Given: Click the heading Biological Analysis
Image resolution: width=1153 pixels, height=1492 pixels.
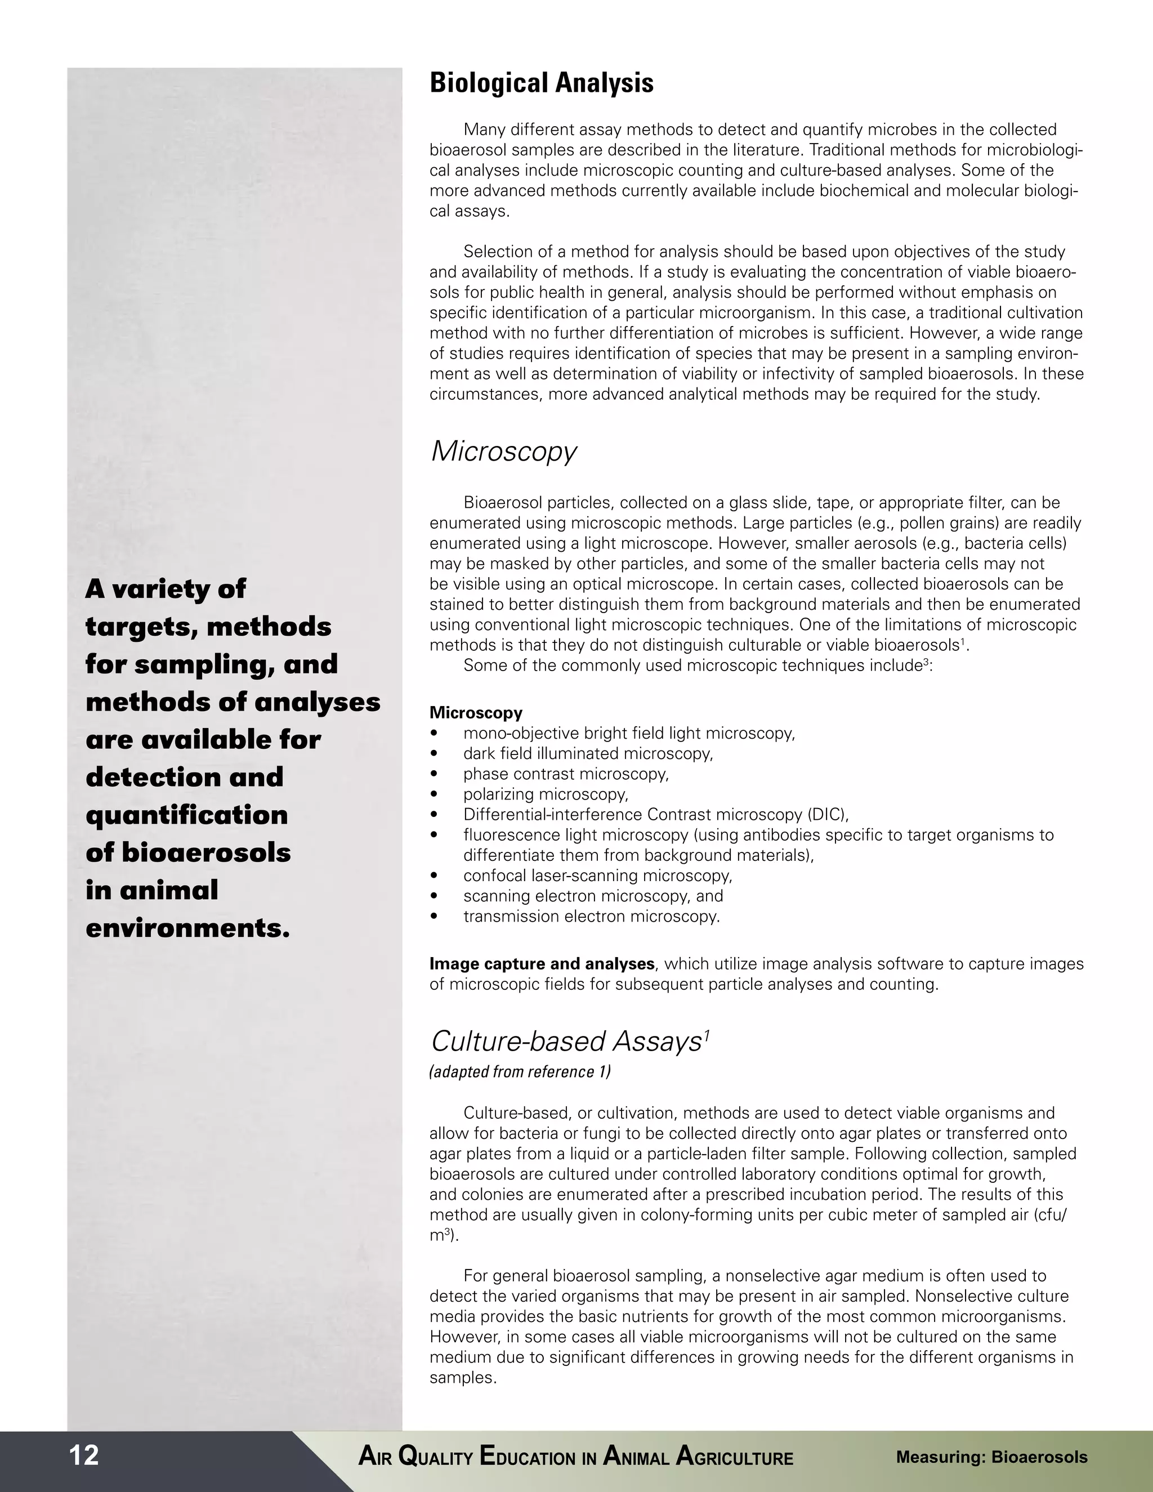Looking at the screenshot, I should [x=541, y=83].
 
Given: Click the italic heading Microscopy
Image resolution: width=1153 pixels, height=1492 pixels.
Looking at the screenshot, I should [x=503, y=452].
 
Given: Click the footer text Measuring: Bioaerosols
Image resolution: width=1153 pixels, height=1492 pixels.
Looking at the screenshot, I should [x=991, y=1457].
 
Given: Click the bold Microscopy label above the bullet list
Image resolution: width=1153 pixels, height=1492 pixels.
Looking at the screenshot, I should [x=475, y=713].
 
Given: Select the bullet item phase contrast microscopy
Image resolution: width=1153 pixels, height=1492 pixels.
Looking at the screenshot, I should [x=566, y=774].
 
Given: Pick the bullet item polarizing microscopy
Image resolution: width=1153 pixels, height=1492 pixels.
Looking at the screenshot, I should [x=545, y=794].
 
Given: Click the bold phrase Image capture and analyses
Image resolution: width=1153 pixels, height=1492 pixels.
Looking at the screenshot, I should [x=542, y=964].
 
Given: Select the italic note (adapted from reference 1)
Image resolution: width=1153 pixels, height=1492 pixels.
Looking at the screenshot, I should [x=520, y=1072].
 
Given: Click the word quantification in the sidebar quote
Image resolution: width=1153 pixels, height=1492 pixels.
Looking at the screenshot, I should [x=186, y=815].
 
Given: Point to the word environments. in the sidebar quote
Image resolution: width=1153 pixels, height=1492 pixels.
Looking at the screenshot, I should [x=188, y=928].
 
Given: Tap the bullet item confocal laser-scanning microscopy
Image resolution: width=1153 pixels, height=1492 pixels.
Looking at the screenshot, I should [x=597, y=876].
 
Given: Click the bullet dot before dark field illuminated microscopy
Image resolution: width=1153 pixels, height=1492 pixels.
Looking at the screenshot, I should [x=434, y=754].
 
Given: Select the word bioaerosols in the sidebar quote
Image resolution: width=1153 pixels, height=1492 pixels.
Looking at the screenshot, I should [x=205, y=852].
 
